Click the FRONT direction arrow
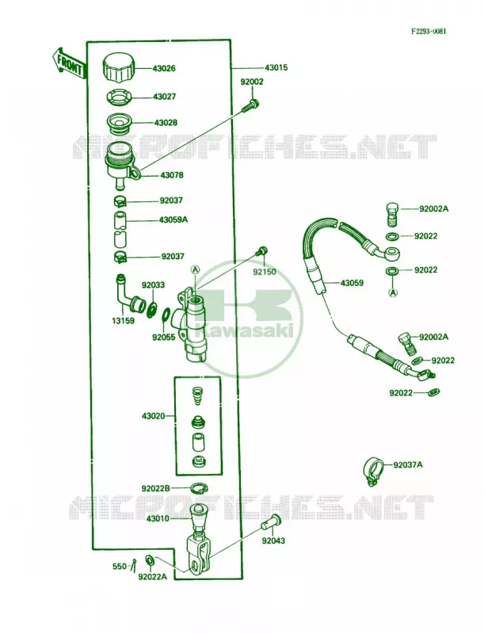coord(69,63)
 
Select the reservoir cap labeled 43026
coord(119,68)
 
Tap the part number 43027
coord(164,97)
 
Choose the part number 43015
coord(276,67)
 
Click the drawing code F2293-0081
coord(429,32)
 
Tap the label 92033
coord(153,285)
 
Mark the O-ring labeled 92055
coord(166,315)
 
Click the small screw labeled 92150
coord(261,251)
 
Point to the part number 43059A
coord(173,220)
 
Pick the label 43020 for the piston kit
coord(153,415)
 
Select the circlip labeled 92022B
coord(199,488)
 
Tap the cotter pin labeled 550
coord(134,565)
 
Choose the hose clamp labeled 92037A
coord(372,472)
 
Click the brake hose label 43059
coord(352,283)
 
